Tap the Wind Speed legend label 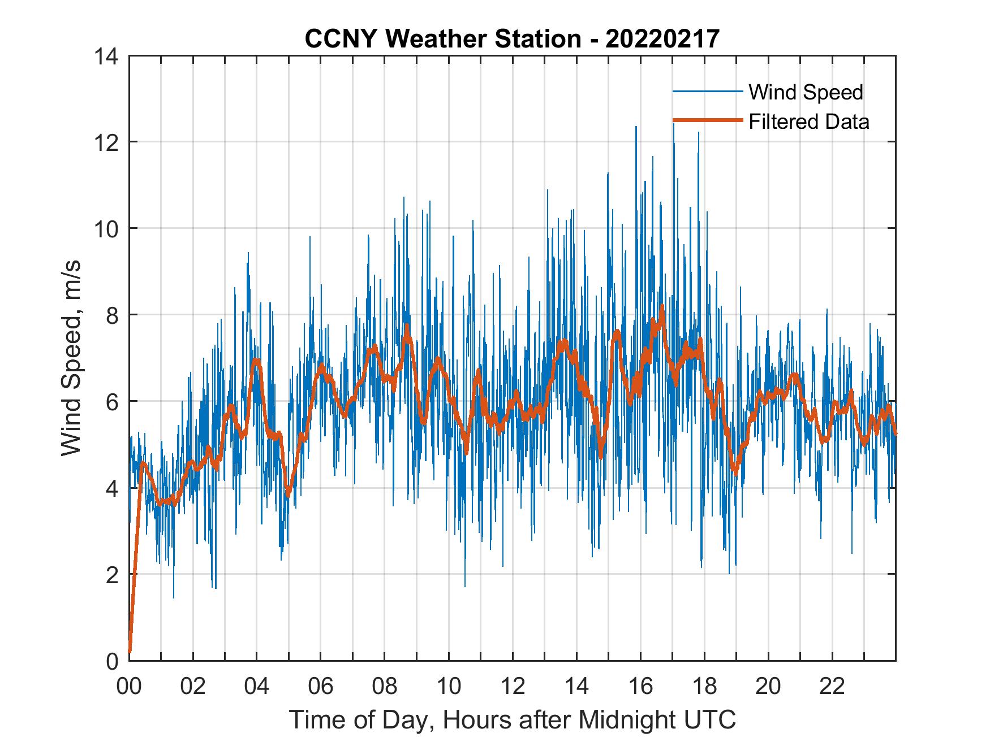(806, 92)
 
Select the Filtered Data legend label (808, 122)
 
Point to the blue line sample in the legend (707, 92)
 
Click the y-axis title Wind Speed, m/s (71, 358)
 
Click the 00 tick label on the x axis (129, 686)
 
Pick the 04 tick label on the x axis (257, 686)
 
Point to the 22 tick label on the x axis (832, 686)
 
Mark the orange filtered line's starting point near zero (130, 652)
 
